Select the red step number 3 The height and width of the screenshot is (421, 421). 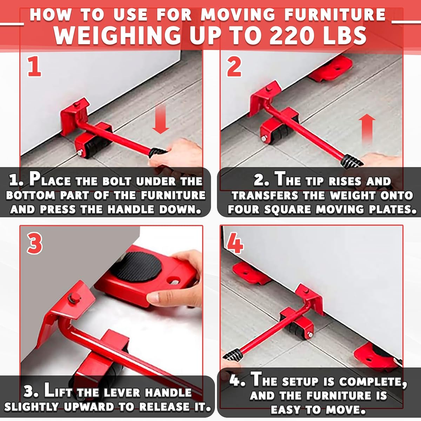point(34,243)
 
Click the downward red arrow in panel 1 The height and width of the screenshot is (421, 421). point(160,121)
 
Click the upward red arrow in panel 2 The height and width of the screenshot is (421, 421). point(367,128)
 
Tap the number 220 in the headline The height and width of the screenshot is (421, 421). point(293,35)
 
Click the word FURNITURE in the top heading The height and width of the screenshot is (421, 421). point(335,15)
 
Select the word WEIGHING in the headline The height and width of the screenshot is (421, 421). point(118,35)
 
